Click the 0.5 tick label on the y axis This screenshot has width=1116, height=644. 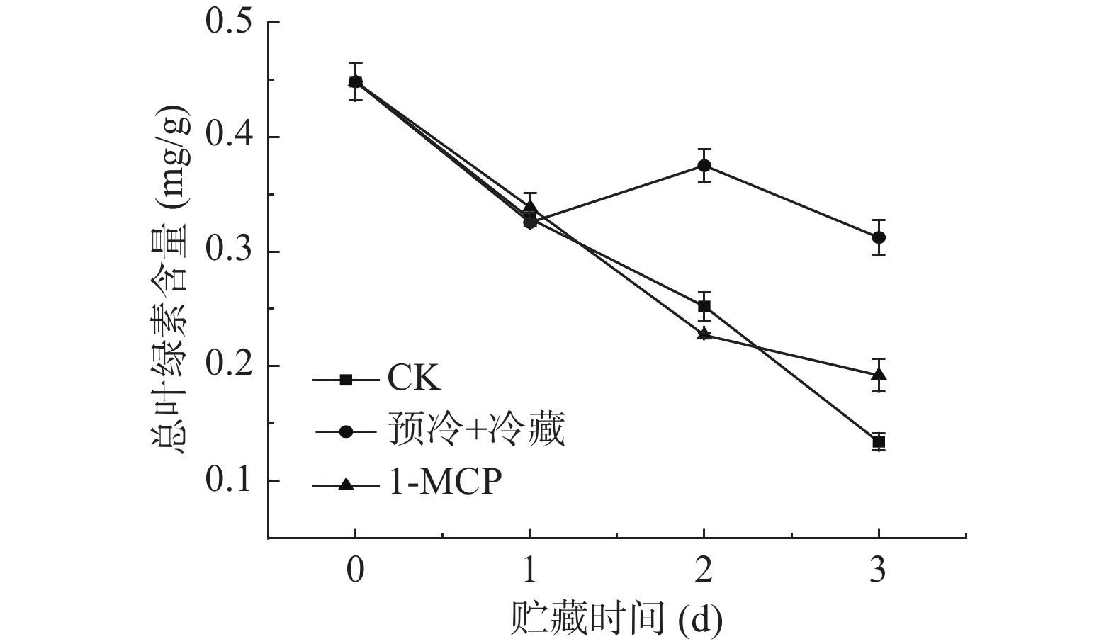(227, 21)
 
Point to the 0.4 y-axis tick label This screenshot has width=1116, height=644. (227, 136)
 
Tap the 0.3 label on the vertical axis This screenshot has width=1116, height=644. (227, 251)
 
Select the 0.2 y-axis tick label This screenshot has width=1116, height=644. (227, 366)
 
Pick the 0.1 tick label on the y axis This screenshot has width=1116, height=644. (227, 480)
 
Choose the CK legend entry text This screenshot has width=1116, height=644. (414, 378)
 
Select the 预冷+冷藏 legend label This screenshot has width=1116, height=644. (476, 430)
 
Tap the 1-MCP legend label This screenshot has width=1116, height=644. (444, 483)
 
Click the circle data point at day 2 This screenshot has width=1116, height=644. (704, 166)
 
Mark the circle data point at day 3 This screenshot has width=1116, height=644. (879, 237)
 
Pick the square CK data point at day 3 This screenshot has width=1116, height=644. (879, 442)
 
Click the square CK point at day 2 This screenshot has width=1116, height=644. (704, 306)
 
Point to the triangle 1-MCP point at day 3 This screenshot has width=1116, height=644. (879, 374)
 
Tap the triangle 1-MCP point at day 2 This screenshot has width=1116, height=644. (704, 333)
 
